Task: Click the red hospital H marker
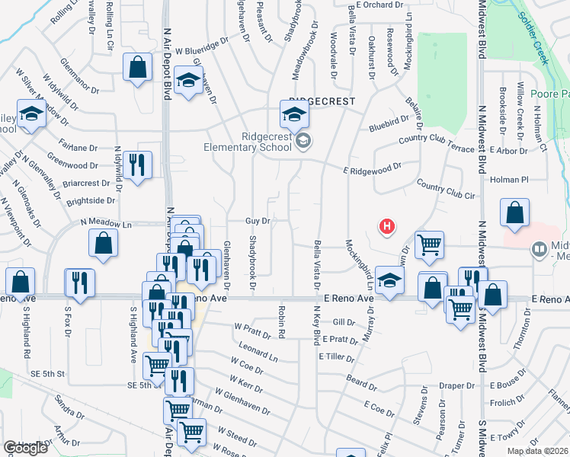click(x=388, y=226)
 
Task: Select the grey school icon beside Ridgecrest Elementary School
click(x=303, y=140)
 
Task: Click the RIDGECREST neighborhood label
click(x=306, y=101)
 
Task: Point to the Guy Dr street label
click(x=258, y=221)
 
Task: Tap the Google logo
click(x=25, y=448)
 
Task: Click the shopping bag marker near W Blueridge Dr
click(x=136, y=66)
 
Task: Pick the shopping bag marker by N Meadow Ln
click(x=103, y=243)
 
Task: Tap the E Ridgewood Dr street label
click(x=371, y=168)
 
